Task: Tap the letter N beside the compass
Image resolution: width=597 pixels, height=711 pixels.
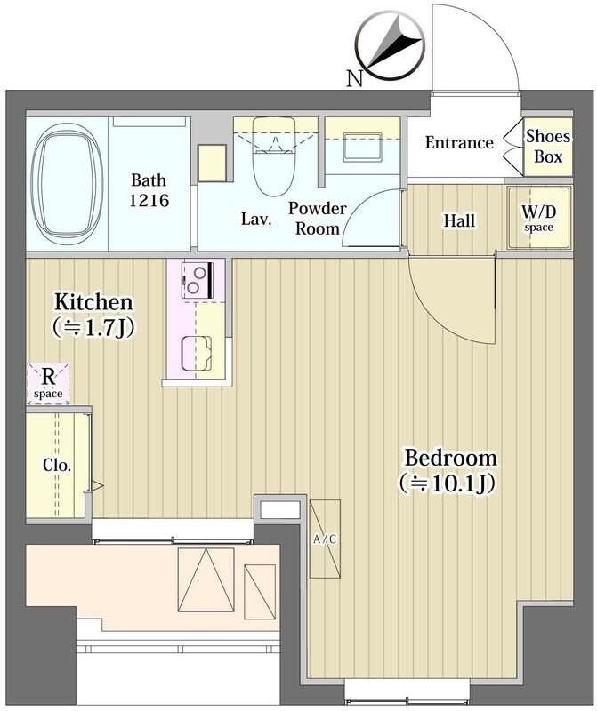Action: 355,79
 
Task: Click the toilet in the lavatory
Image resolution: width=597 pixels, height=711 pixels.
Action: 274,156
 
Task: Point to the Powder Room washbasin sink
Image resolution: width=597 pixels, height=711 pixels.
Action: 362,147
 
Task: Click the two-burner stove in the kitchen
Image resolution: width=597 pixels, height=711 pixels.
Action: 198,280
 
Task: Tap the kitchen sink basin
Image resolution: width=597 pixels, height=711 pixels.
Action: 197,353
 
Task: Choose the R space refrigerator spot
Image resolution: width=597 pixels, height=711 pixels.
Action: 48,384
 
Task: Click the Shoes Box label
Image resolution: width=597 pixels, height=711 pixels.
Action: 548,146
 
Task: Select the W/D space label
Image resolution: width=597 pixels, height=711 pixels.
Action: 539,218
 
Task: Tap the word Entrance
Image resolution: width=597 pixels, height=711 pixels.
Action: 459,143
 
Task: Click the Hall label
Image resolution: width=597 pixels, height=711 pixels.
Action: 459,220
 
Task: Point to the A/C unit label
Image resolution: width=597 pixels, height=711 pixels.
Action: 325,539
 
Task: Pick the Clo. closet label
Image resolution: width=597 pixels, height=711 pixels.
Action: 57,465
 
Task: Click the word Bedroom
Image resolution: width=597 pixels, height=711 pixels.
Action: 450,458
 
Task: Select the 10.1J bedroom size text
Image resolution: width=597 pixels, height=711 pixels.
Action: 448,483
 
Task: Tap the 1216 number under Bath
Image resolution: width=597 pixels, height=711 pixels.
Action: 149,200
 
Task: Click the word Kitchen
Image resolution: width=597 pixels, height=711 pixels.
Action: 93,302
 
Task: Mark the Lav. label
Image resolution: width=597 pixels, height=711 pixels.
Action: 256,220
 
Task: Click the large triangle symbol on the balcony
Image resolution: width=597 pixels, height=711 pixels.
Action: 206,580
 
